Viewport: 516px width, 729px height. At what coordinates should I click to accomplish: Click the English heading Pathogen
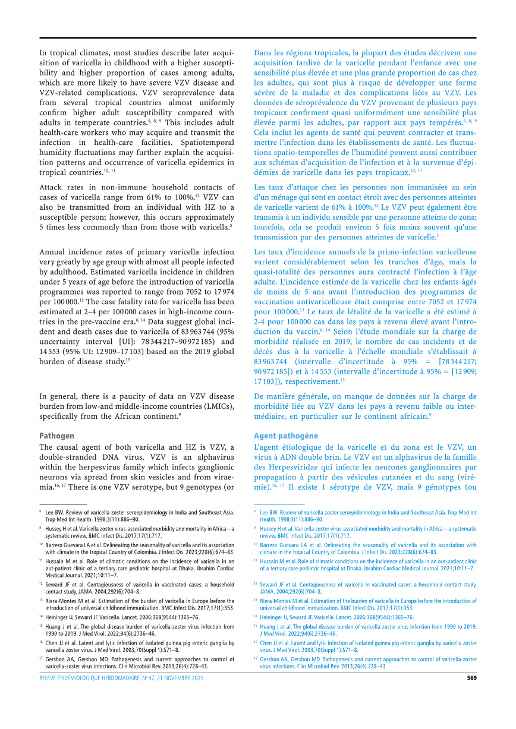56,435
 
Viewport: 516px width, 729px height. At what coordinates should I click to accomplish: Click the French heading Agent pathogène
285,435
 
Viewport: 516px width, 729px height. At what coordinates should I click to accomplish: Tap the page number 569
471,678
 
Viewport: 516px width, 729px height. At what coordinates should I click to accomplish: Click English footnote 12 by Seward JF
137,588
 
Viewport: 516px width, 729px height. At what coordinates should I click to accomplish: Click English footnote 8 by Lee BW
137,515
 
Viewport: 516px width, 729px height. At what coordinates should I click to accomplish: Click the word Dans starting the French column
264,52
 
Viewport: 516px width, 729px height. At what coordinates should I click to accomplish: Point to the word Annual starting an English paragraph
53,252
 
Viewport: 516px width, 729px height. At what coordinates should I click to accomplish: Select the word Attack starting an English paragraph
52,188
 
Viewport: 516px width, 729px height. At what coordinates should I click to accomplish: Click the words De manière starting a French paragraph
277,396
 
